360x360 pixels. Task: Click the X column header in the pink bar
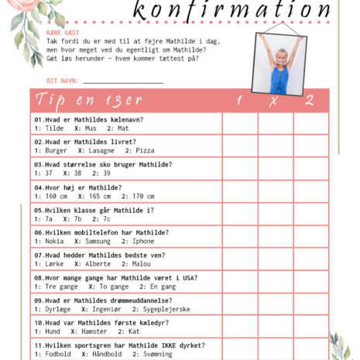click(x=273, y=101)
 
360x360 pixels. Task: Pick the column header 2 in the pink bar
click(x=309, y=101)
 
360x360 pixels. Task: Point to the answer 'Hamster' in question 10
click(x=96, y=331)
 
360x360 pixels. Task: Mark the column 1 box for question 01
click(x=239, y=124)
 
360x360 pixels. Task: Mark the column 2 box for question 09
click(x=310, y=304)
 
